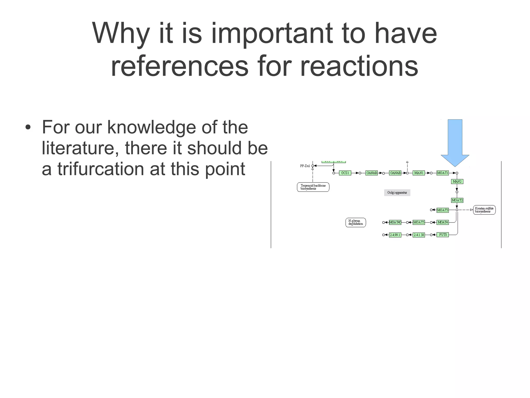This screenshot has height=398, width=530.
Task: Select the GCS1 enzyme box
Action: [345, 173]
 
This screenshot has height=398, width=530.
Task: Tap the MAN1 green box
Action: [418, 173]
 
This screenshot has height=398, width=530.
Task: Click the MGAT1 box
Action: [442, 173]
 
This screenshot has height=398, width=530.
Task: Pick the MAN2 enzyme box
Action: [457, 181]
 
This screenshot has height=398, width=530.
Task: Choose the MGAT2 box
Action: [457, 200]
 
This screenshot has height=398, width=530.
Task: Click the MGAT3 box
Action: [442, 210]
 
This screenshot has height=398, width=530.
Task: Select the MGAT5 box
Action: [418, 222]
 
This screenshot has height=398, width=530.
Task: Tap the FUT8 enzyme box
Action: [443, 235]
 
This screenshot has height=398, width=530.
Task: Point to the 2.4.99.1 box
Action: [395, 235]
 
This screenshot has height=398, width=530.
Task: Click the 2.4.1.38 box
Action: [418, 235]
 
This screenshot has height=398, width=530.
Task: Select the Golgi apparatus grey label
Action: [397, 193]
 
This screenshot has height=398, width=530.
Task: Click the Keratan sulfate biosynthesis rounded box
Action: [484, 210]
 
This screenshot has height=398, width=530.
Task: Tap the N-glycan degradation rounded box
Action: [356, 222]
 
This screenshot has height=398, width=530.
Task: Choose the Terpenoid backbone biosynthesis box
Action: [313, 187]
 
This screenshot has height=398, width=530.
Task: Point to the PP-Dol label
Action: [305, 166]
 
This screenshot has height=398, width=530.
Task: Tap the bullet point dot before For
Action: [28, 128]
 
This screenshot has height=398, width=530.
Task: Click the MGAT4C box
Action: [395, 222]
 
